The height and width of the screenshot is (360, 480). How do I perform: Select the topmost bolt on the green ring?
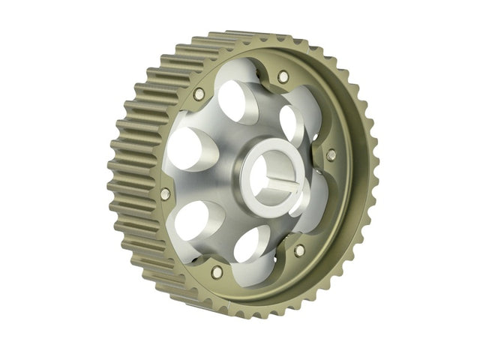[x=282, y=76]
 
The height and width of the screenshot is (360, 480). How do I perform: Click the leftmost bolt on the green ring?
[x=165, y=193]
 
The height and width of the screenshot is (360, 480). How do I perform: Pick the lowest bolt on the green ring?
[x=217, y=272]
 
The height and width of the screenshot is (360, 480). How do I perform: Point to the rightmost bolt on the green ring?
[x=331, y=154]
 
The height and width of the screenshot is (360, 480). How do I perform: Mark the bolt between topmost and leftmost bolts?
[x=199, y=94]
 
